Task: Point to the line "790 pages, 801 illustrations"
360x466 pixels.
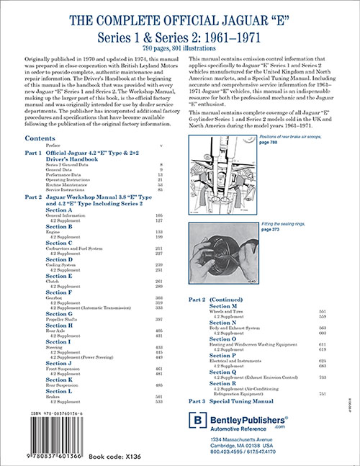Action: [x=179, y=46]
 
